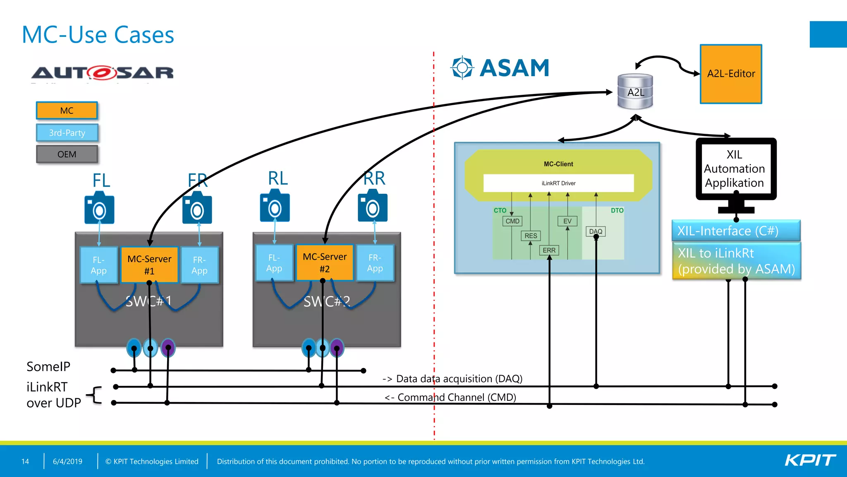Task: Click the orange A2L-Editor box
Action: [731, 74]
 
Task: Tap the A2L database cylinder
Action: [635, 92]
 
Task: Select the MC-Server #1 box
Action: [149, 265]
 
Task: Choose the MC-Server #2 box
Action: [325, 263]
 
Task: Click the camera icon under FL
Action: [99, 208]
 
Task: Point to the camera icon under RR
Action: [373, 206]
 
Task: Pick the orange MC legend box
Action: [67, 111]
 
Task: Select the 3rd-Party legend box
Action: [67, 133]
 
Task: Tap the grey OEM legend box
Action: [67, 154]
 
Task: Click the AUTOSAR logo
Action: [102, 73]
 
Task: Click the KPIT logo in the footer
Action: [810, 460]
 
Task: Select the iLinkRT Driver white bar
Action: [558, 183]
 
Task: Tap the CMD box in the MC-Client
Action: [512, 221]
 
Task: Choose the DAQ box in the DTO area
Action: [596, 231]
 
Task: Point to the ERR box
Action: [549, 250]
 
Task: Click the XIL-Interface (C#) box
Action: [736, 231]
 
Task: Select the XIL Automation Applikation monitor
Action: [735, 169]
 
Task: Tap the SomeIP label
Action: [48, 366]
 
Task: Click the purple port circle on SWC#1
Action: [168, 347]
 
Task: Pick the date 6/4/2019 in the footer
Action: [67, 461]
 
